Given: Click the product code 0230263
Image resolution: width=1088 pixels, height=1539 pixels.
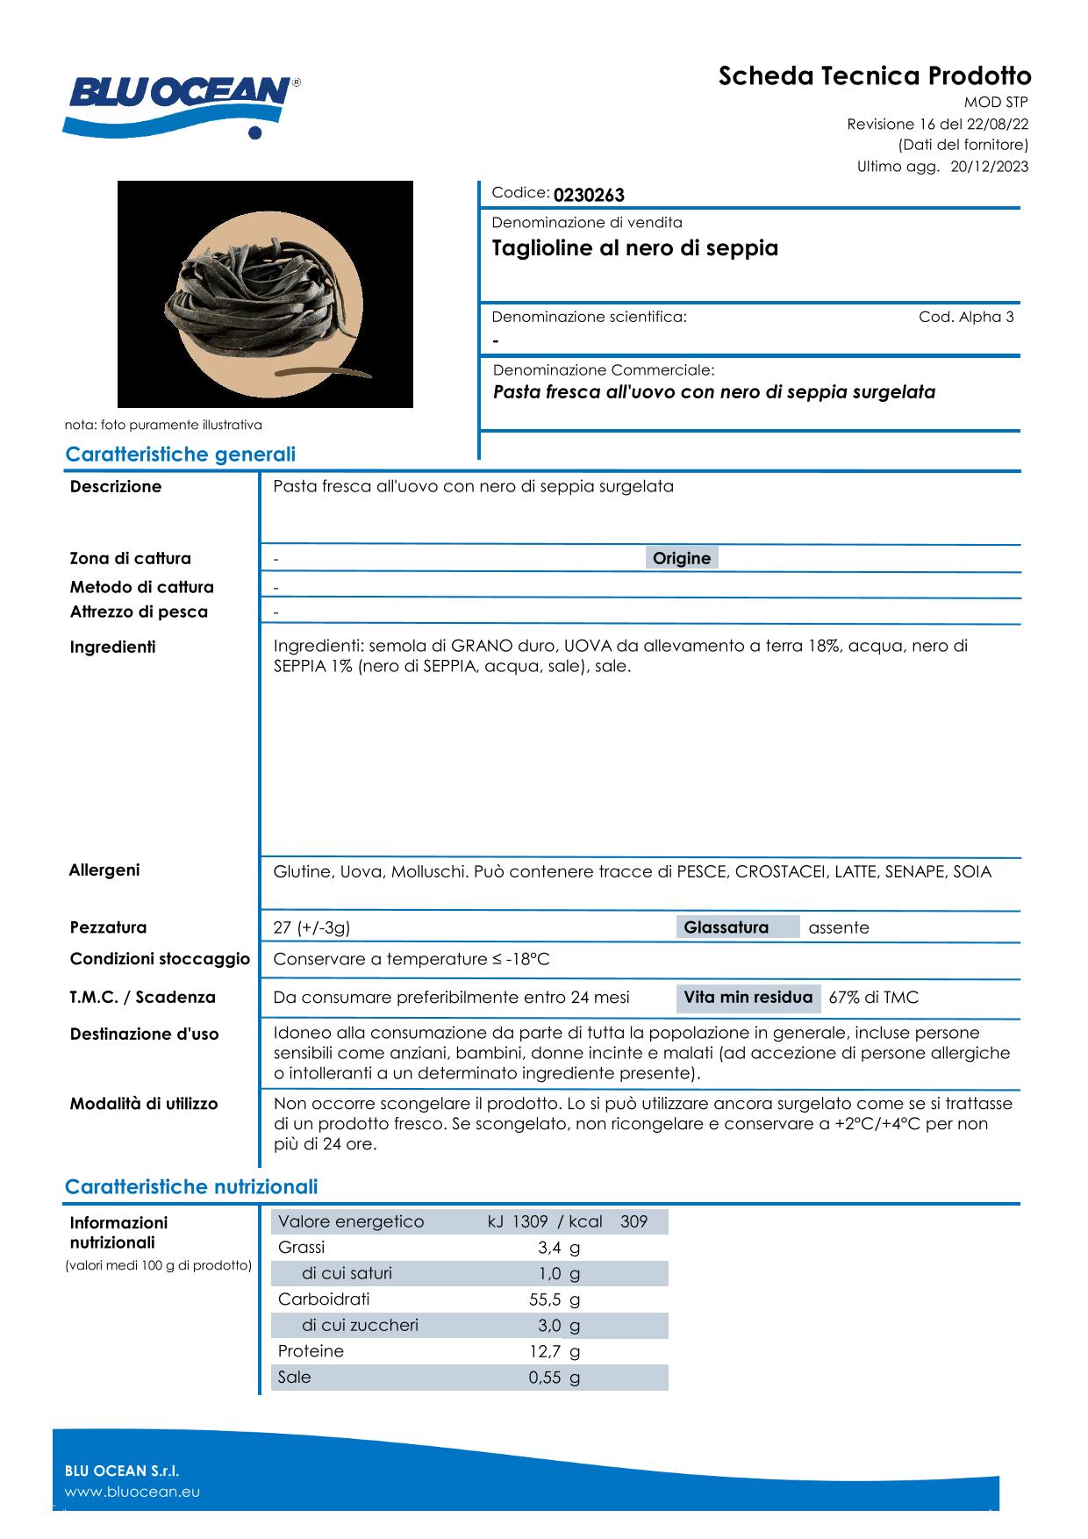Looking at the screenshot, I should tap(589, 195).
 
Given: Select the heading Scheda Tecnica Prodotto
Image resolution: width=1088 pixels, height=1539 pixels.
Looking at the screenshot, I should tap(875, 76).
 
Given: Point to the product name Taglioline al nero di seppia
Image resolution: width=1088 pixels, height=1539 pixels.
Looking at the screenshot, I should tap(635, 248).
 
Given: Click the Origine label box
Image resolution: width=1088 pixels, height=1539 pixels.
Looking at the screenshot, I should tap(682, 558).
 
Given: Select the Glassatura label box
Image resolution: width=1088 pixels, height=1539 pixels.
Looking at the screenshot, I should tap(726, 927).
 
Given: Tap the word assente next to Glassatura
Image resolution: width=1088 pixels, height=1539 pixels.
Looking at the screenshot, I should tap(839, 927).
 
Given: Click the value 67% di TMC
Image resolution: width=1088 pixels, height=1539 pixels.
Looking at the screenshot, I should tap(873, 998).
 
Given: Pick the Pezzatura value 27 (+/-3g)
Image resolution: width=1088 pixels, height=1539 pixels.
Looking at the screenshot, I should tap(311, 927).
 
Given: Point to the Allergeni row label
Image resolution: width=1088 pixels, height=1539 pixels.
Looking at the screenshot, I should tap(104, 870).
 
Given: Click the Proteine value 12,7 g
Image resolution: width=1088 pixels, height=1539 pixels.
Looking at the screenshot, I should tap(554, 1351).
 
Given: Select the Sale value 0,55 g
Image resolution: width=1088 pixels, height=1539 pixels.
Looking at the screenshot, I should tap(554, 1378).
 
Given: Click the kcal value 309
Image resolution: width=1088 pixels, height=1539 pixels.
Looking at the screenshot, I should tap(633, 1221).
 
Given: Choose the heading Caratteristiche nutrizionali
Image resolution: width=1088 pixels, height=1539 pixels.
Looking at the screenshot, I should tap(191, 1187).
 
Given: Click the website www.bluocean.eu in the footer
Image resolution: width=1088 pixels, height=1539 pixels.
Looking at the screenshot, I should tap(132, 1492).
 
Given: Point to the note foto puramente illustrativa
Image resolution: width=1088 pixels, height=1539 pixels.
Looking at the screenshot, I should tap(163, 425).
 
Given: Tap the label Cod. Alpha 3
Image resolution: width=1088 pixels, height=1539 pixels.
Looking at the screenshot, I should tap(966, 318).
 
